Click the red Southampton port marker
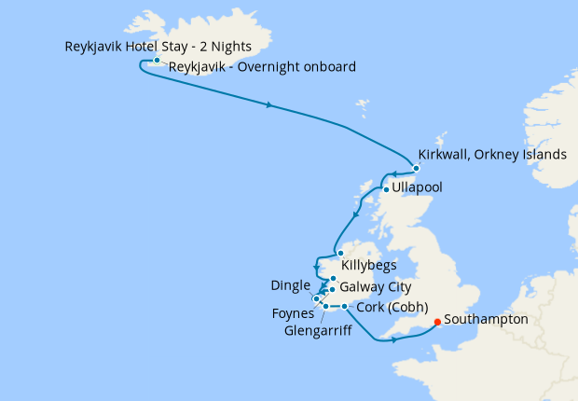437,324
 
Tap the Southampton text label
486,319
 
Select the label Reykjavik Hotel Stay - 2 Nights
158,46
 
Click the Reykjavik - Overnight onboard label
262,66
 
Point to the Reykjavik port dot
157,60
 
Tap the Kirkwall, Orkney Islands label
492,154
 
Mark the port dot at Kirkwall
416,168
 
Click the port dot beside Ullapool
386,189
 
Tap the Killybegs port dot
340,254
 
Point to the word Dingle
289,283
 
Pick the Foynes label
293,314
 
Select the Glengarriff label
317,329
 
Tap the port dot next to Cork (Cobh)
344,307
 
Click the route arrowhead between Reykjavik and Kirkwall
269,104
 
